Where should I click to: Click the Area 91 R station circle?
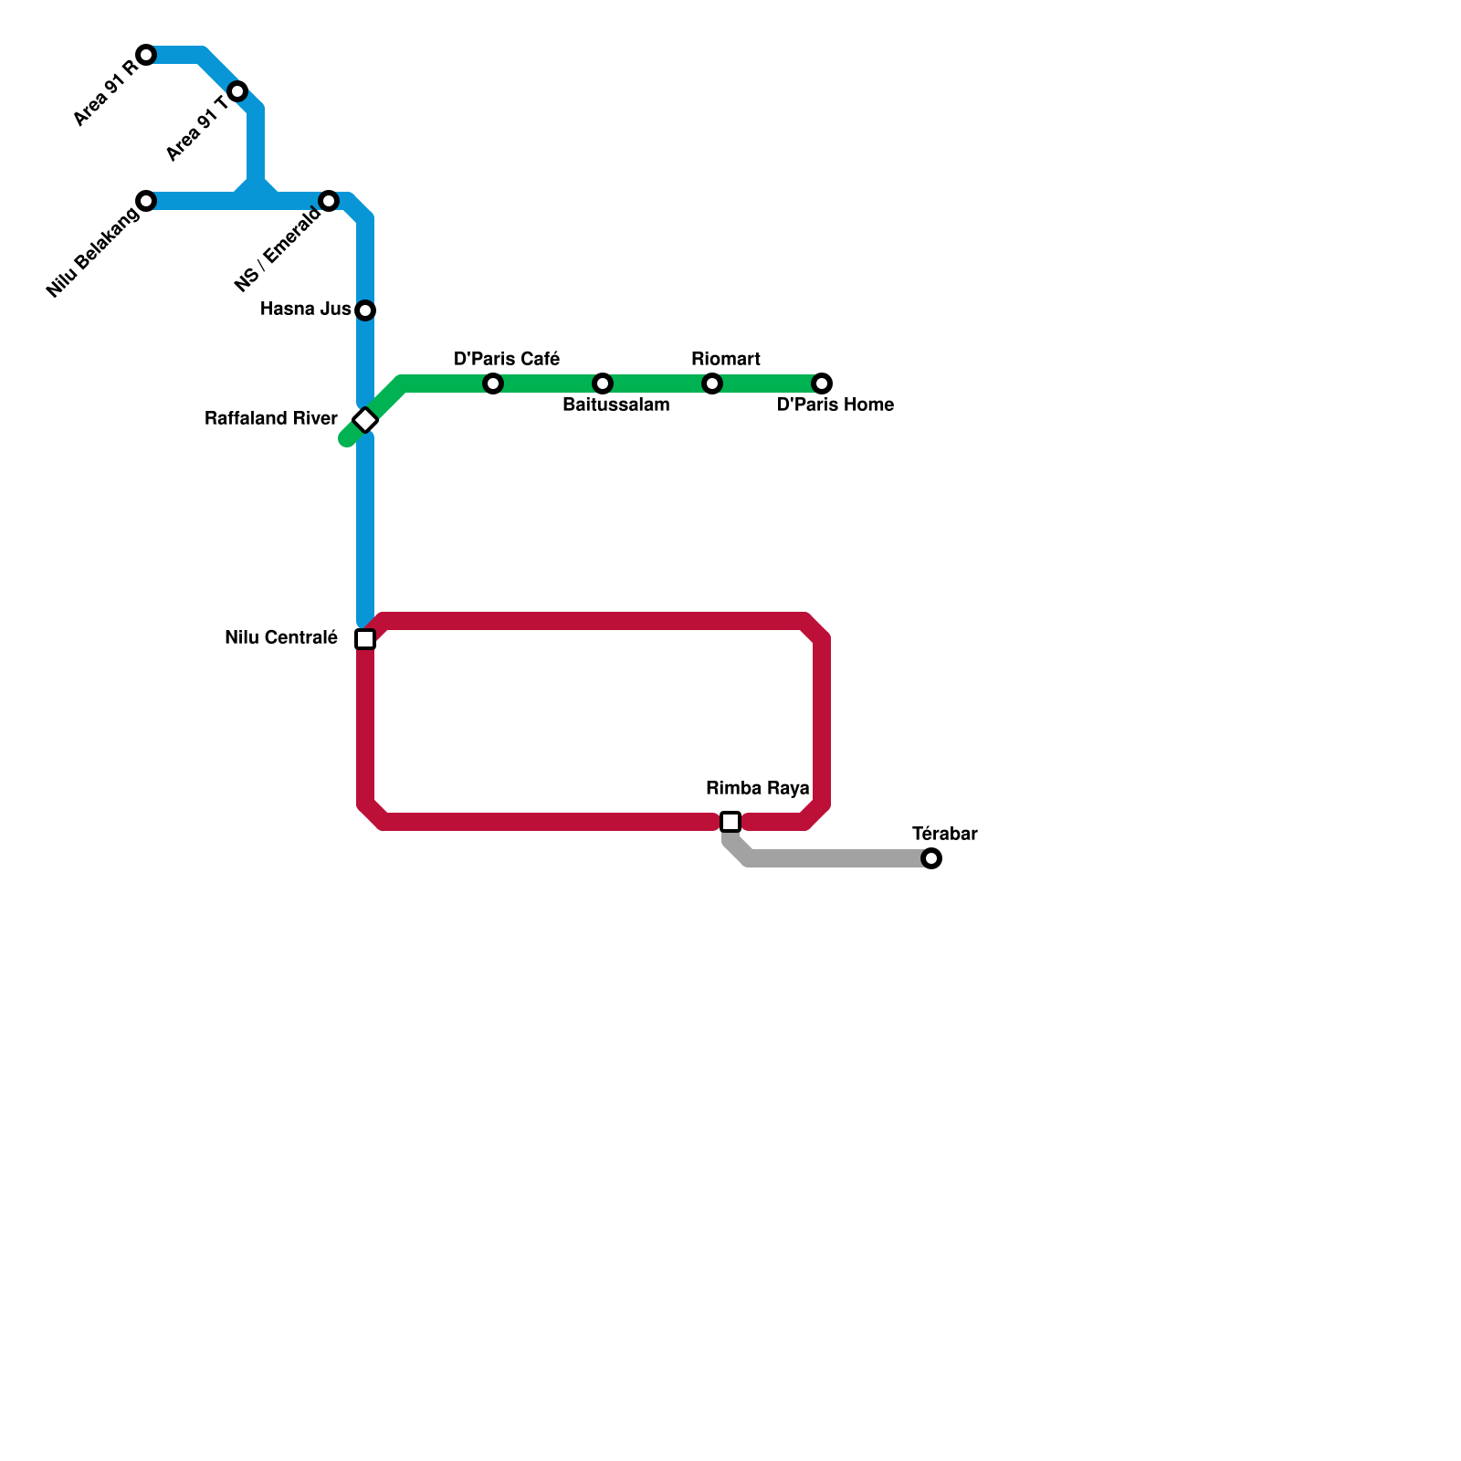pyautogui.click(x=146, y=55)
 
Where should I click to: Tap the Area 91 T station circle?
pyautogui.click(x=237, y=91)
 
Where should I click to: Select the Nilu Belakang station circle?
pyautogui.click(x=146, y=201)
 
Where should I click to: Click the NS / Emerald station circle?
pyautogui.click(x=329, y=201)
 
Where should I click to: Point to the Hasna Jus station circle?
pyautogui.click(x=365, y=310)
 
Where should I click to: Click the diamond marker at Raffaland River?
pyautogui.click(x=365, y=420)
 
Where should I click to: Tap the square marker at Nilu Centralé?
pyautogui.click(x=365, y=639)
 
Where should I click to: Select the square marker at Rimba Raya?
pyautogui.click(x=730, y=822)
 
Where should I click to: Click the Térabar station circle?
pyautogui.click(x=931, y=858)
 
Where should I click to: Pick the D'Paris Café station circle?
pyautogui.click(x=493, y=384)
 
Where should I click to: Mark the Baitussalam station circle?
pyautogui.click(x=603, y=384)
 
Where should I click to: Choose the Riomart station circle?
pyautogui.click(x=712, y=384)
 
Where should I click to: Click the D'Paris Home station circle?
pyautogui.click(x=822, y=384)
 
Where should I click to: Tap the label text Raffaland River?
pyautogui.click(x=271, y=419)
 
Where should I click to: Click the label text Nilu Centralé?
pyautogui.click(x=281, y=638)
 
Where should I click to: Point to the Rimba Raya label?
pyautogui.click(x=758, y=788)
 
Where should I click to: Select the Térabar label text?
pyautogui.click(x=945, y=834)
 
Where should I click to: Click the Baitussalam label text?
pyautogui.click(x=616, y=405)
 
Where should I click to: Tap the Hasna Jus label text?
pyautogui.click(x=306, y=310)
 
